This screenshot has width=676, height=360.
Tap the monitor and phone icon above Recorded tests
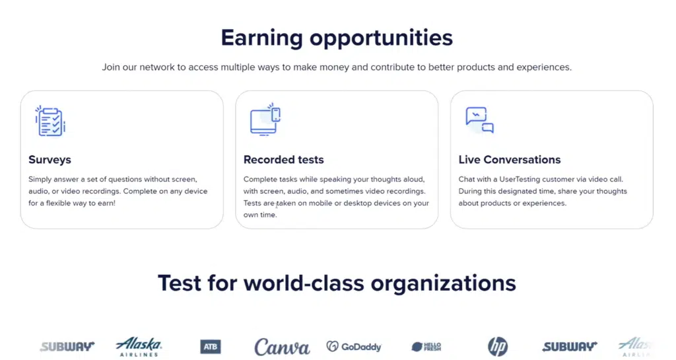click(x=265, y=120)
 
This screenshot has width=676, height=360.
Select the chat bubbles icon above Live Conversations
click(x=479, y=120)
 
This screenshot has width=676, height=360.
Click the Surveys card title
click(x=50, y=160)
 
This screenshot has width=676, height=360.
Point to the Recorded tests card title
click(x=283, y=160)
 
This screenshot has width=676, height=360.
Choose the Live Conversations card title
click(x=509, y=160)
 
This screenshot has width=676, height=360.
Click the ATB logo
click(x=211, y=346)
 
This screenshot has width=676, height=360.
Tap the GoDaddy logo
click(x=354, y=346)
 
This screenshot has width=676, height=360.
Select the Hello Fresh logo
click(x=426, y=346)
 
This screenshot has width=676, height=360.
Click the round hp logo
click(x=498, y=346)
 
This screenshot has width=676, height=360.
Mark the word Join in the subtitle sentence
click(x=112, y=67)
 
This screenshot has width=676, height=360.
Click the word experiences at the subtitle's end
click(x=546, y=67)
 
